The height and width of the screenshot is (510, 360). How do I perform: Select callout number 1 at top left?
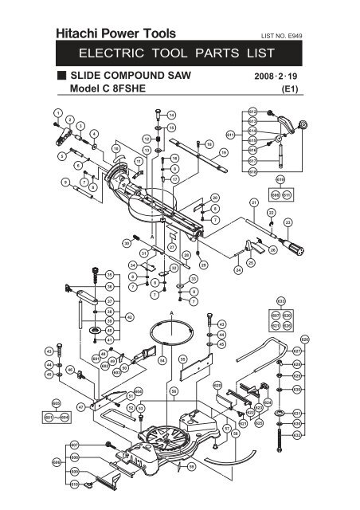pos(57,110)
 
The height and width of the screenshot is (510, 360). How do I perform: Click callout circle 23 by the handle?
pos(288,222)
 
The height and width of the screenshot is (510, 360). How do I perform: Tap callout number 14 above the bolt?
pos(172,116)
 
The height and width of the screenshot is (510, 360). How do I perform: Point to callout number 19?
pos(224,151)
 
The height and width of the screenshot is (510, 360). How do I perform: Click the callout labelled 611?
pos(230,134)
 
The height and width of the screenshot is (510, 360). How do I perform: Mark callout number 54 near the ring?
pos(162,360)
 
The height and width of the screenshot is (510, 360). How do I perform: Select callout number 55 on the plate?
pos(182,359)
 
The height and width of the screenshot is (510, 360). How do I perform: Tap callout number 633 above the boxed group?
pos(280,301)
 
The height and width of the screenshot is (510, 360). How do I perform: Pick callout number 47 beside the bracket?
pos(80,406)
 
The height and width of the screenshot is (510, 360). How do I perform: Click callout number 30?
pos(126,243)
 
